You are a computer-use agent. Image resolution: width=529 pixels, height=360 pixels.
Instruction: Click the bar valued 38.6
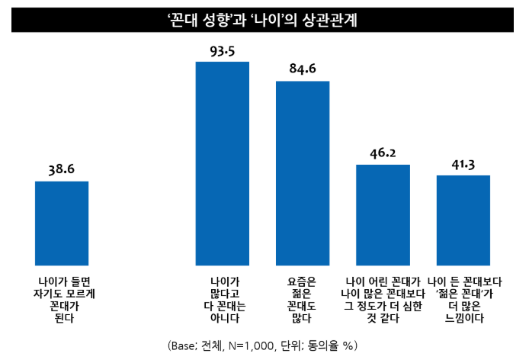62,223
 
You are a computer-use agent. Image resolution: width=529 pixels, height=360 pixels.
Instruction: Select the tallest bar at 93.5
223,163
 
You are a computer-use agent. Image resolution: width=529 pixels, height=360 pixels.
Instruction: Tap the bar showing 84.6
303,173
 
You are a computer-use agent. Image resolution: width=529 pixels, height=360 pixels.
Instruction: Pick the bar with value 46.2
383,215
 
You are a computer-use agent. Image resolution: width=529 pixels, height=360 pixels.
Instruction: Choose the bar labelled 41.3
463,220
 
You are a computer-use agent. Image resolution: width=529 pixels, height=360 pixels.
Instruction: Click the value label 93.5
223,51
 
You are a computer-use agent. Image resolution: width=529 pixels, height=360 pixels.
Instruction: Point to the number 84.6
303,69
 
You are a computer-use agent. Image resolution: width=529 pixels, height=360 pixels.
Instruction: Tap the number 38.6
62,169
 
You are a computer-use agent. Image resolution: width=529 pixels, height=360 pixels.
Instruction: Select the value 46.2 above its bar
383,153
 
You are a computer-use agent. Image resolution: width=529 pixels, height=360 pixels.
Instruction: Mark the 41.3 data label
463,165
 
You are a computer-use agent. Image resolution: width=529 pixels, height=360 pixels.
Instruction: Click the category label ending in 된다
64,300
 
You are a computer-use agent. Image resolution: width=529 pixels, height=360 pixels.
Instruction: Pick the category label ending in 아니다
225,300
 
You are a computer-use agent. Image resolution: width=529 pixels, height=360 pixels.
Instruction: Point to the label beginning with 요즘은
302,300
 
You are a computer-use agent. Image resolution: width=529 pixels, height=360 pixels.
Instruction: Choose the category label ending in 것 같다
383,300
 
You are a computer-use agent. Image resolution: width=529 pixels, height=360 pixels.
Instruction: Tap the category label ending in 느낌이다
464,300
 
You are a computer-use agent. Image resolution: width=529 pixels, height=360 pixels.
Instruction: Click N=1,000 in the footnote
251,346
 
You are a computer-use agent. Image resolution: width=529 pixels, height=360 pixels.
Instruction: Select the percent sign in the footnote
348,346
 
